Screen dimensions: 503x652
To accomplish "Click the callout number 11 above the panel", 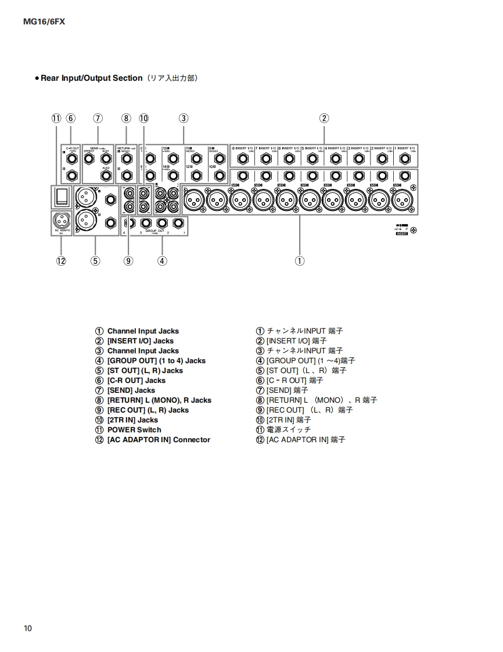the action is coord(56,118).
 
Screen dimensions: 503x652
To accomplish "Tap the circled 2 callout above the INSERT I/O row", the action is coord(324,118).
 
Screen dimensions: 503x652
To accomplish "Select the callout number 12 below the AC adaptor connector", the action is coord(61,261).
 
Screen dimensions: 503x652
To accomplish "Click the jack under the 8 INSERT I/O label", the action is coord(242,158).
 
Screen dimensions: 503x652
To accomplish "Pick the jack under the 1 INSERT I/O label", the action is coord(405,158).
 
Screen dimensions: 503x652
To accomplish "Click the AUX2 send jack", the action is coord(106,175).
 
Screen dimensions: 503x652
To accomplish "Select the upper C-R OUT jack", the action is coord(71,158).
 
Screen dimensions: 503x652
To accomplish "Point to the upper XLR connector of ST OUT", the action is coord(85,198).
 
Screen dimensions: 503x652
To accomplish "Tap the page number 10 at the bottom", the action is coord(28,629).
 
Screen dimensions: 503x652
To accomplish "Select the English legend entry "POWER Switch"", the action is coord(134,430).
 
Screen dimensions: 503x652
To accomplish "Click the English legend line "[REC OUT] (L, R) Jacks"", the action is coord(148,410).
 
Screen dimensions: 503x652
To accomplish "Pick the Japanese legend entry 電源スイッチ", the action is coord(288,430).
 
